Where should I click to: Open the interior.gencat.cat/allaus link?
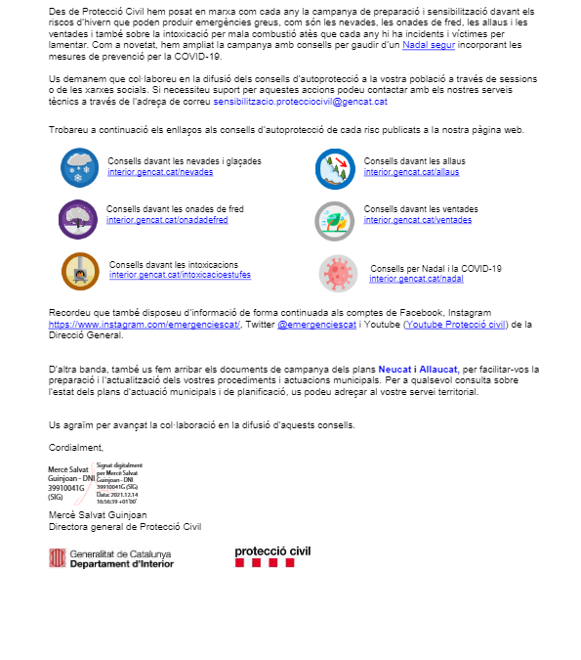(397, 172)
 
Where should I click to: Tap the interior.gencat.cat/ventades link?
(403, 220)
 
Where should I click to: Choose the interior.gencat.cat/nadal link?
(403, 279)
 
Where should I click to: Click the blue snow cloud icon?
(77, 166)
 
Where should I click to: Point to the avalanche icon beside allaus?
(334, 167)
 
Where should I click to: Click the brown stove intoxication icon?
(79, 271)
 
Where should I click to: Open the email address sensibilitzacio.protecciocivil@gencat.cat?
(300, 101)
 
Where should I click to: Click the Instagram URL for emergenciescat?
(144, 325)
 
